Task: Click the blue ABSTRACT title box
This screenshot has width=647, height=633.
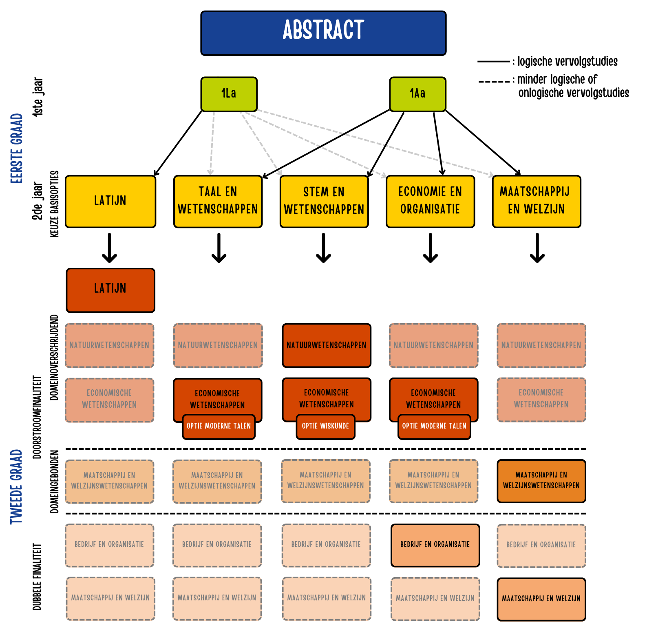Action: click(x=323, y=33)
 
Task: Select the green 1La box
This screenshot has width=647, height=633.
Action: click(x=229, y=94)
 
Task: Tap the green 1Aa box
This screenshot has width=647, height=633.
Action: click(x=417, y=94)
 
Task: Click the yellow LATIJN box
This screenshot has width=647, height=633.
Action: click(x=110, y=201)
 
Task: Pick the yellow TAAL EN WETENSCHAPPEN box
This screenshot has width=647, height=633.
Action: click(x=218, y=201)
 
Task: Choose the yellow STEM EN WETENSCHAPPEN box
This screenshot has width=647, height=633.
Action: click(x=324, y=201)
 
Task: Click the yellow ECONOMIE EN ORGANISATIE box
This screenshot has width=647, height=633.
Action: click(x=430, y=201)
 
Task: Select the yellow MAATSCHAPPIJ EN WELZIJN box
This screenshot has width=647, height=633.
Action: click(x=537, y=201)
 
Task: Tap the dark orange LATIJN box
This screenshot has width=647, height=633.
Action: click(x=110, y=290)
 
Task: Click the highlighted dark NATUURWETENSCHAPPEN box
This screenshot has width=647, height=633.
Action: click(x=327, y=345)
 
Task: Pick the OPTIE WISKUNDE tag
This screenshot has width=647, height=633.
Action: click(x=325, y=426)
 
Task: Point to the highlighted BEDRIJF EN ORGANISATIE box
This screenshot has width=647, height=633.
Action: click(x=435, y=545)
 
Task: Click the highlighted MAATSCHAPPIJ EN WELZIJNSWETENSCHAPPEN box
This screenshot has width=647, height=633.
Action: click(x=541, y=481)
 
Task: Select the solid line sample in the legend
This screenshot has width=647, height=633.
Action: click(x=493, y=62)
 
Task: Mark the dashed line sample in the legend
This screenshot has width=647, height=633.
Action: click(x=494, y=82)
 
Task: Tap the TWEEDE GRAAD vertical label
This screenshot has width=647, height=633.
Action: click(x=16, y=486)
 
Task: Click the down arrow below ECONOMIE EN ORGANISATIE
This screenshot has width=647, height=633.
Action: click(x=431, y=248)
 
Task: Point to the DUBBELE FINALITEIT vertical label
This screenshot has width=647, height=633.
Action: click(x=37, y=576)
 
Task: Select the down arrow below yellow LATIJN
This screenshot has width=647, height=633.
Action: click(x=110, y=248)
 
